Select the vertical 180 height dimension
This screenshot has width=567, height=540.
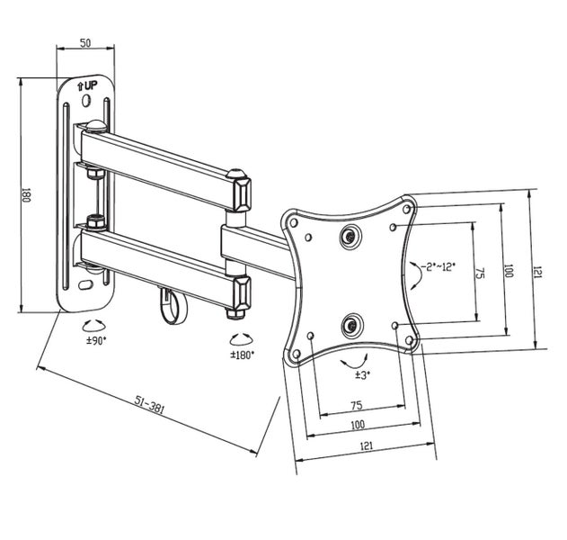pyautogui.click(x=27, y=194)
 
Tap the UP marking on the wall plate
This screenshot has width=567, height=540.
pyautogui.click(x=87, y=85)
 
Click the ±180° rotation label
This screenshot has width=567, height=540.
pyautogui.click(x=242, y=355)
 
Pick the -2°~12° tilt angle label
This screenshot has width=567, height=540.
pyautogui.click(x=438, y=266)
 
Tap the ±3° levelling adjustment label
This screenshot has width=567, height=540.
pyautogui.click(x=362, y=373)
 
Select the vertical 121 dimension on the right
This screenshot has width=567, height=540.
pyautogui.click(x=537, y=271)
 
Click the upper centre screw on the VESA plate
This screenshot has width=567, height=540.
pyautogui.click(x=350, y=236)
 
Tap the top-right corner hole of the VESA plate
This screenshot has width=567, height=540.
pyautogui.click(x=409, y=210)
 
